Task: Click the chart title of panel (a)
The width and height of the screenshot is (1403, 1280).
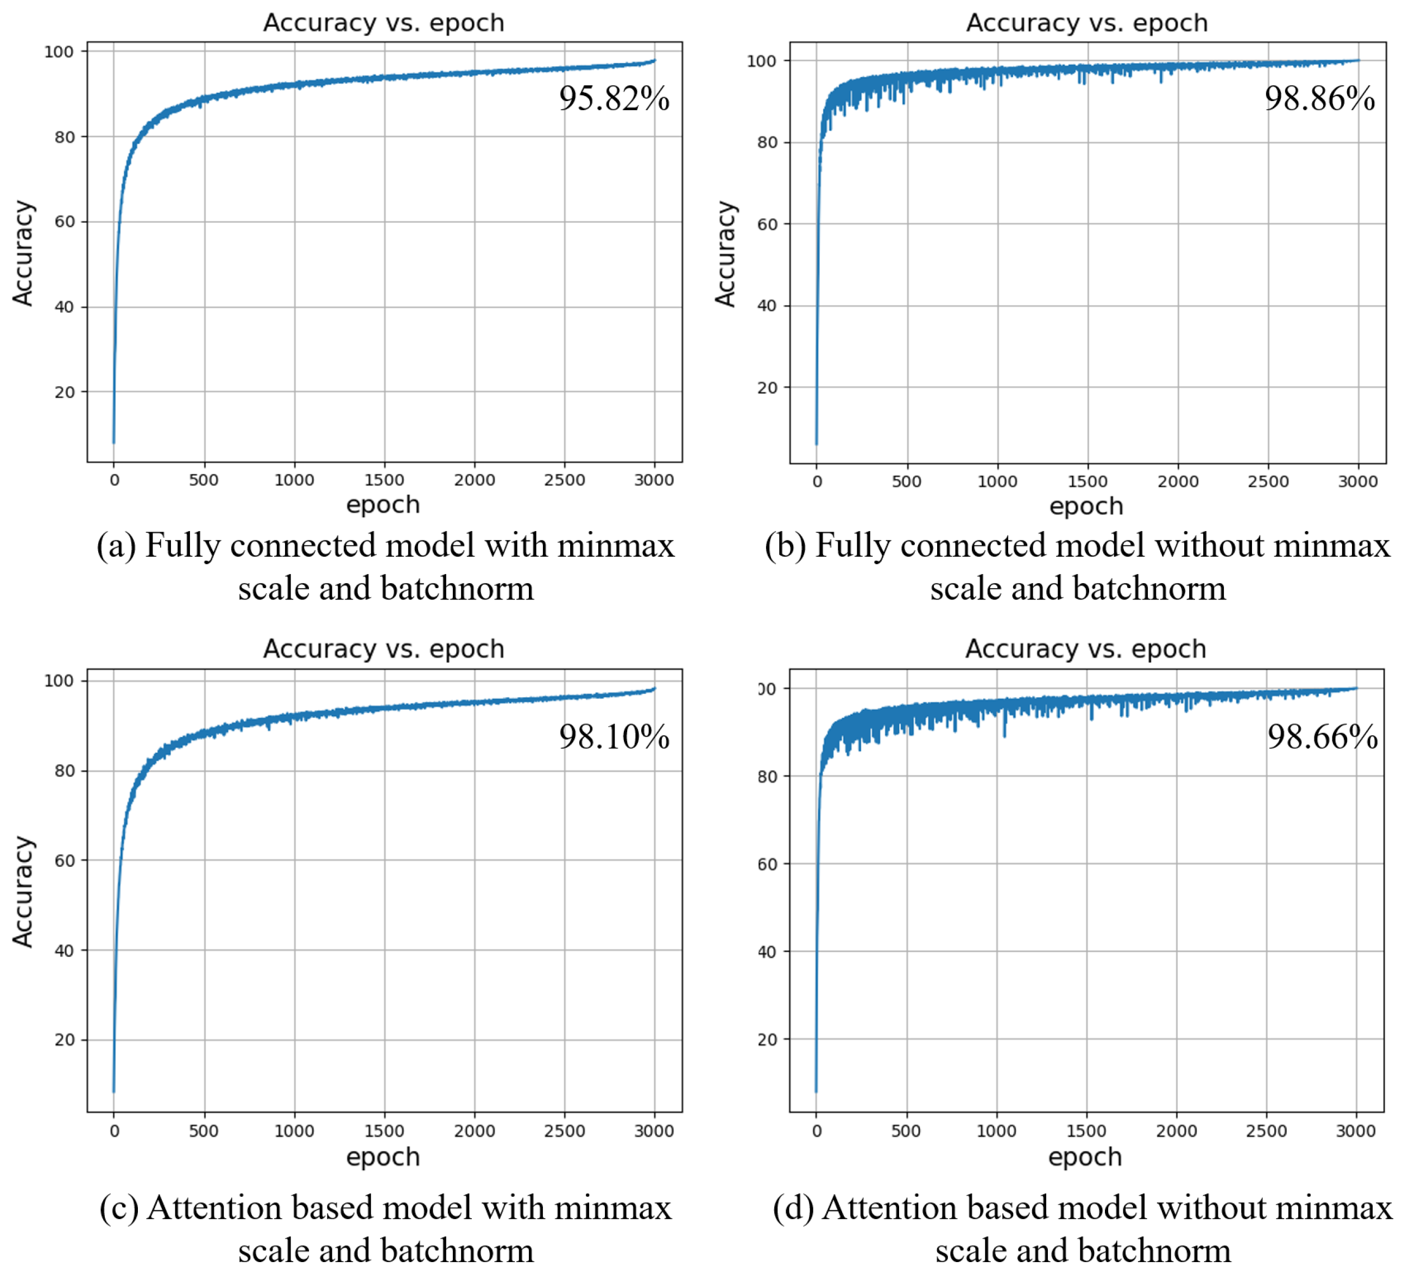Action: click(383, 23)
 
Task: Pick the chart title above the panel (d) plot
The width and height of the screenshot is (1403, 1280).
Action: click(1085, 649)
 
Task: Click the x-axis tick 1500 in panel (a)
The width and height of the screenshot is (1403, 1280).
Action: click(384, 480)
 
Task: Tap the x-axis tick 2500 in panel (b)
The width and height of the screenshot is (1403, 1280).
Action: click(1268, 481)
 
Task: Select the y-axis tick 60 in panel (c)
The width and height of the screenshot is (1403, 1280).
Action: click(65, 861)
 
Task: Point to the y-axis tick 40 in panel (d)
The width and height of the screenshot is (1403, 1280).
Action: click(767, 951)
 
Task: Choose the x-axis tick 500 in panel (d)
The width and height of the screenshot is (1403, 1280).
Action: click(906, 1131)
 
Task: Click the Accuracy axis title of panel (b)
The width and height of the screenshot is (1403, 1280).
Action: click(725, 254)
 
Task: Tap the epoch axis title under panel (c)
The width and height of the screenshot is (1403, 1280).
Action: click(383, 1157)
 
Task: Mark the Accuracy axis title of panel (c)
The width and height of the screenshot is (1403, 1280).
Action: click(22, 892)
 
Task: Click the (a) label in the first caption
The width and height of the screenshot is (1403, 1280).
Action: click(116, 545)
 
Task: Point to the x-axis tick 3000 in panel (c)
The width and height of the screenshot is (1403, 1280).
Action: click(654, 1131)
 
